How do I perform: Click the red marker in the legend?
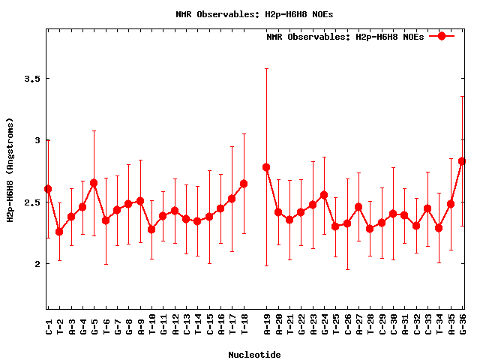442,36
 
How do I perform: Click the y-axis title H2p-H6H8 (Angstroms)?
10,170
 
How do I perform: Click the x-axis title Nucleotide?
255,355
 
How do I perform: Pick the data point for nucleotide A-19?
266,167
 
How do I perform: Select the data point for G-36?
462,161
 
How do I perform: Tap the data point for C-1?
48,189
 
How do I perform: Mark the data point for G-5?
94,183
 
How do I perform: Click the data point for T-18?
244,184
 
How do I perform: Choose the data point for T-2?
59,232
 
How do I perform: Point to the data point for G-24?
324,195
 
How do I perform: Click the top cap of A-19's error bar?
266,68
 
